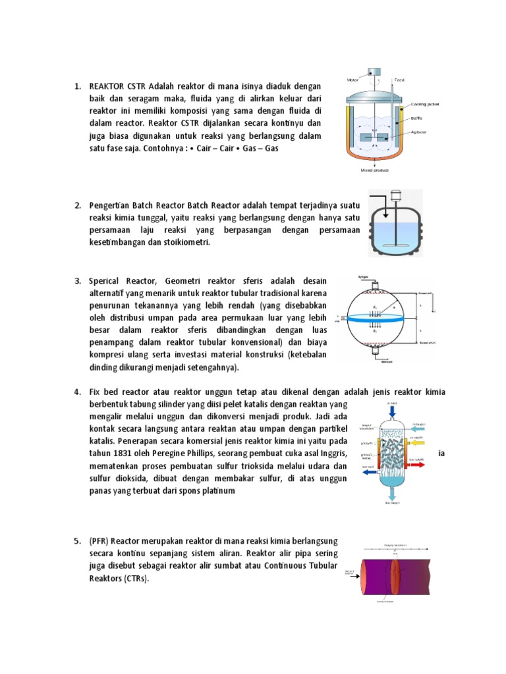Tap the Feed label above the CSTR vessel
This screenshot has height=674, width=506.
tap(399, 80)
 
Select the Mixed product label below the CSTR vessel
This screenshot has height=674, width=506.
tap(375, 170)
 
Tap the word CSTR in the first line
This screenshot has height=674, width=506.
tap(136, 86)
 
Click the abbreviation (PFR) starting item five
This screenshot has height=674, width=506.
tap(100, 541)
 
